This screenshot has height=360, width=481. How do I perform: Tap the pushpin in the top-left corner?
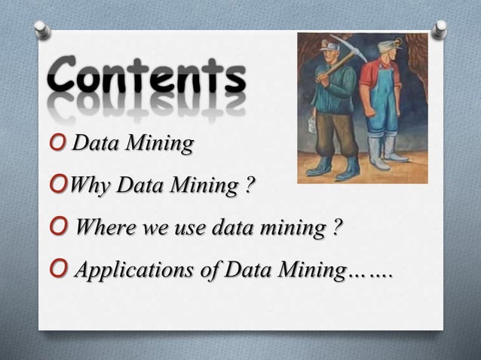point(42,29)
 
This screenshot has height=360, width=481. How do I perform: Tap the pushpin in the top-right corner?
point(439,29)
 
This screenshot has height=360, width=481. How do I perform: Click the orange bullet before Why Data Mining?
point(60,185)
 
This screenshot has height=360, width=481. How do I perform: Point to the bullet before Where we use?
point(60,227)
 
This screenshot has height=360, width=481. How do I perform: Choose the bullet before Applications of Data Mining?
point(60,270)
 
